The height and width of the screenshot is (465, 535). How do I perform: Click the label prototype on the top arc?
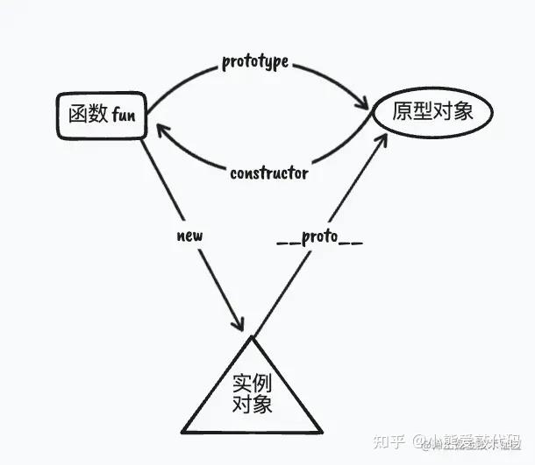(256, 63)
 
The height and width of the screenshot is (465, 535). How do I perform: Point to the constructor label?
(268, 173)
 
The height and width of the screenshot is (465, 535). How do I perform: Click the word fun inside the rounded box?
(124, 113)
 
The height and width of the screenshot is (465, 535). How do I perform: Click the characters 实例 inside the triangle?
(252, 384)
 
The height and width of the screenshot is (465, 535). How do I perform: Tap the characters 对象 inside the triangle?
(252, 405)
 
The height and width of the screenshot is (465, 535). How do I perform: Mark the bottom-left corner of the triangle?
(182, 432)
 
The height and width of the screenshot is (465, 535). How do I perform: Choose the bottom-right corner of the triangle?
(322, 432)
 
